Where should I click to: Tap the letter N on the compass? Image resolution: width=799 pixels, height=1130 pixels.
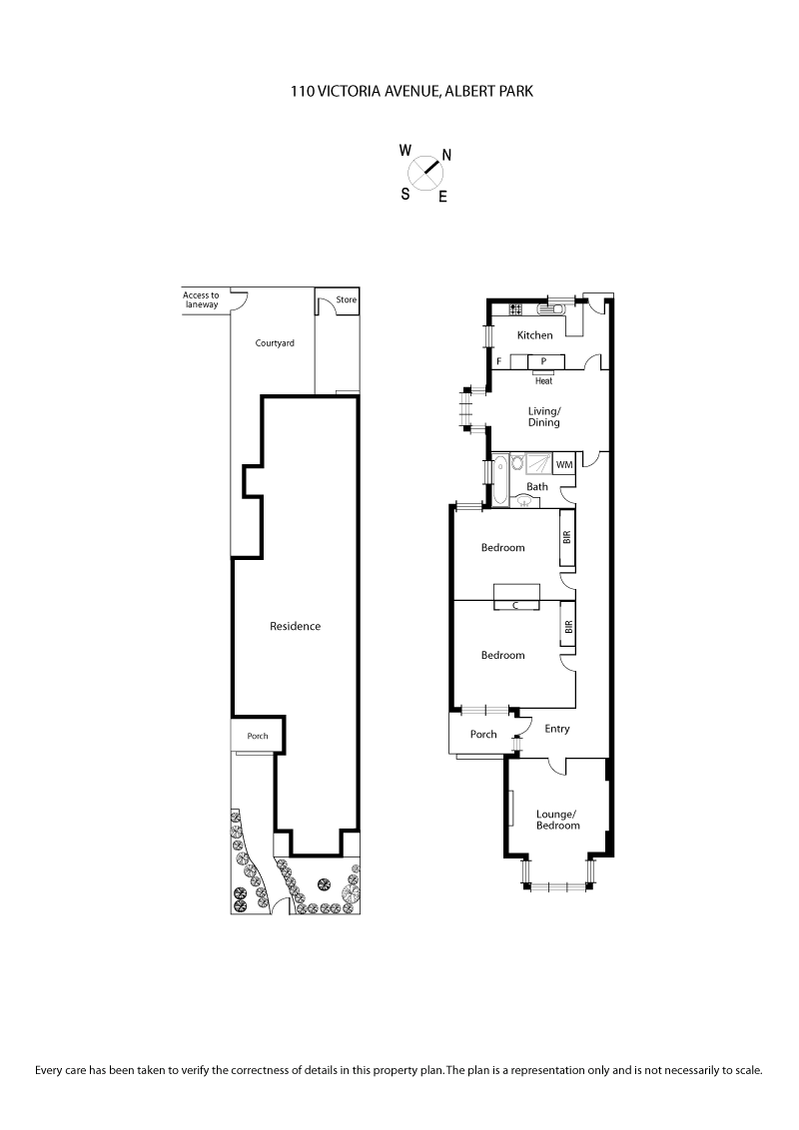coord(446,155)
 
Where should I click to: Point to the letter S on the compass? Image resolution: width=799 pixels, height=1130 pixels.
coord(405,194)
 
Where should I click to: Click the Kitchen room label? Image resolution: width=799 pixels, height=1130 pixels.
coord(534,335)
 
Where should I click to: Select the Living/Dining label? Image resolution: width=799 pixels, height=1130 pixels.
coord(544,416)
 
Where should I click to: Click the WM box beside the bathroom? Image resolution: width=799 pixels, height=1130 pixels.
coord(564,464)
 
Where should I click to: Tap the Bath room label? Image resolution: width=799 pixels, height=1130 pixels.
coord(537,487)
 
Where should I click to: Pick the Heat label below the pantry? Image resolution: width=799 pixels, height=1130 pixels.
coord(543,380)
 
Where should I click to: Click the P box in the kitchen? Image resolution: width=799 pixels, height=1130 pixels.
coord(543,361)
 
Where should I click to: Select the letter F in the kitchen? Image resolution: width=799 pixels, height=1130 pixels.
coord(498,361)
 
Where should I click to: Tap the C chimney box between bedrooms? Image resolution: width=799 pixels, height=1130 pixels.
coord(516,605)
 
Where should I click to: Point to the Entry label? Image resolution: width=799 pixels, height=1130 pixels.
coord(557,729)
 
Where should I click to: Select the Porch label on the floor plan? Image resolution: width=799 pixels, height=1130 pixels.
coord(483,735)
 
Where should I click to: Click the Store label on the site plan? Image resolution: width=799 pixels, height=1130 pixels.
coord(346,299)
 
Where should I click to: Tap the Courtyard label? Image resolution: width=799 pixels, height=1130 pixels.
coord(275,342)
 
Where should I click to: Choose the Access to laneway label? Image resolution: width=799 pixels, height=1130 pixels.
coord(201,299)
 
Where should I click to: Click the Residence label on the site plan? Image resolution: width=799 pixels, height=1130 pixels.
coord(296,626)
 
